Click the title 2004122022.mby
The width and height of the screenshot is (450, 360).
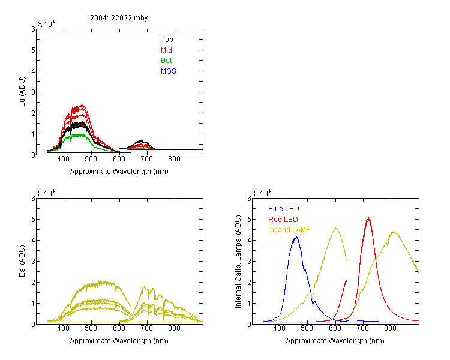(119, 18)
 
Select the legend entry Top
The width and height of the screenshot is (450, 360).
(167, 40)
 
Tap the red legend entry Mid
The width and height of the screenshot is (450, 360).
(166, 50)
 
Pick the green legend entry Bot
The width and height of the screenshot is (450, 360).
(166, 61)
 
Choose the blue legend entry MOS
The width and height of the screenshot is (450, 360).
(168, 71)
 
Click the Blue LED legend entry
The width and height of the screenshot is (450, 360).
(284, 209)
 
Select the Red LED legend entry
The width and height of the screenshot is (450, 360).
(283, 220)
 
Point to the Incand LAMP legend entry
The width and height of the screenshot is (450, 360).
(289, 230)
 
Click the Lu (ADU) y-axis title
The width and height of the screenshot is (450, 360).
(22, 92)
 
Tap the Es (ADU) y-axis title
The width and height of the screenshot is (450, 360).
(22, 261)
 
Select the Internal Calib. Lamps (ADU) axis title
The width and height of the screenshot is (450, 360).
(238, 262)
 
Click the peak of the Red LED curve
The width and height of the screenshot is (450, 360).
(368, 218)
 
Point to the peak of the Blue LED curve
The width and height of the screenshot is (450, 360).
(296, 237)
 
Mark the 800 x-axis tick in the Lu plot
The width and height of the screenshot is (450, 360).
(174, 159)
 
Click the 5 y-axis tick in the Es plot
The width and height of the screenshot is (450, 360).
(33, 220)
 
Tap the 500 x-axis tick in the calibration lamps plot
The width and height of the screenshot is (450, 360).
(307, 328)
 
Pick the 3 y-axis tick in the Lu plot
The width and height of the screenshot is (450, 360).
(33, 92)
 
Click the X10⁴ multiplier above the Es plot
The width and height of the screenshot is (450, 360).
(46, 193)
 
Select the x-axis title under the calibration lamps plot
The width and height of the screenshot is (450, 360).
(335, 341)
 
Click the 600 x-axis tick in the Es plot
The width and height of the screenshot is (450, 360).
(119, 328)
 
